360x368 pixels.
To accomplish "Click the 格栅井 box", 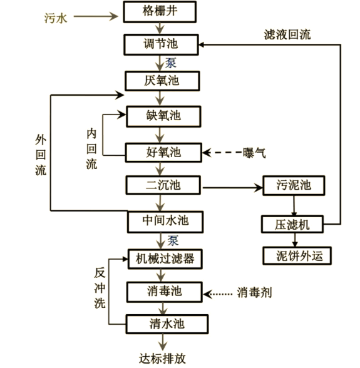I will [x=163, y=11].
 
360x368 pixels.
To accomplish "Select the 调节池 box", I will [x=163, y=45].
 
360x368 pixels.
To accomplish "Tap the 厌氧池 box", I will [x=163, y=81].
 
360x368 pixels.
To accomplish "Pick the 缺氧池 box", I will [x=163, y=116].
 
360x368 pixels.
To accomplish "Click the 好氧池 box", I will [x=163, y=151].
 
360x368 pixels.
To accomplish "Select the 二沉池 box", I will [x=163, y=185].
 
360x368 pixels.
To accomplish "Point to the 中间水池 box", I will [x=163, y=220].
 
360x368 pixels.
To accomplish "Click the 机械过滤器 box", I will [x=163, y=257].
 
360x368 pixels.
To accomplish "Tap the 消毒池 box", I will [x=163, y=291].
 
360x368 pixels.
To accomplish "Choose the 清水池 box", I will [x=163, y=324].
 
